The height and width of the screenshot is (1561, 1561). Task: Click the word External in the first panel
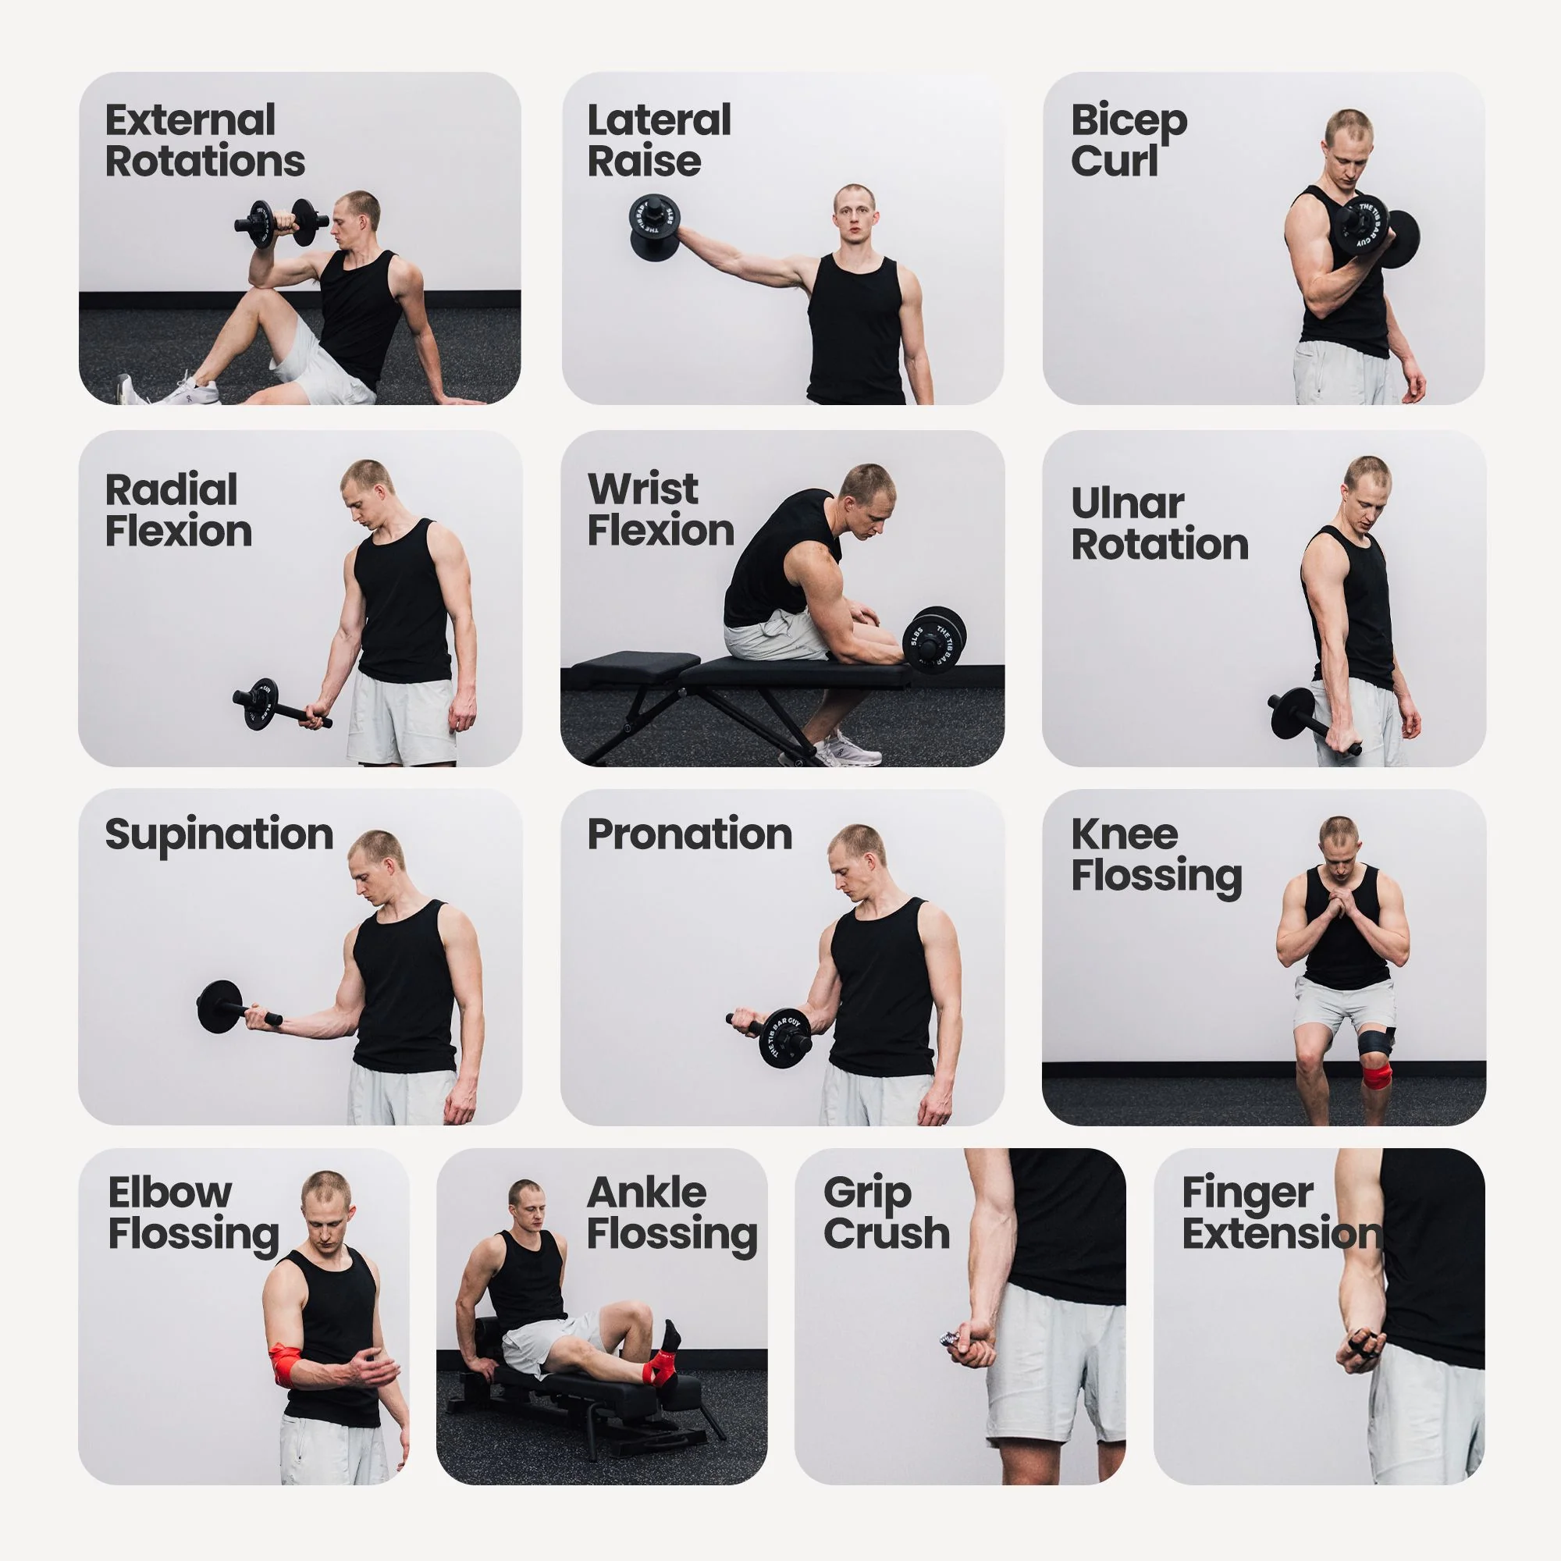point(190,120)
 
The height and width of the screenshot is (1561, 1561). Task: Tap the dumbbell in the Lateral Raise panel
point(655,227)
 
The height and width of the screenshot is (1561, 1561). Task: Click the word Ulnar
point(1127,503)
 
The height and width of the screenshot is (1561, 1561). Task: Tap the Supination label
point(219,835)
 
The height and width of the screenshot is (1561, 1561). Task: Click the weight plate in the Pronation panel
point(785,1037)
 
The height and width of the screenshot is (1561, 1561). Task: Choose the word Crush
point(887,1234)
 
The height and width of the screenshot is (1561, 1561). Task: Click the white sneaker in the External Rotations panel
point(192,391)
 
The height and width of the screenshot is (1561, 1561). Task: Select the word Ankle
point(646,1193)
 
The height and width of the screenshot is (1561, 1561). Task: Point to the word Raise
point(644,161)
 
